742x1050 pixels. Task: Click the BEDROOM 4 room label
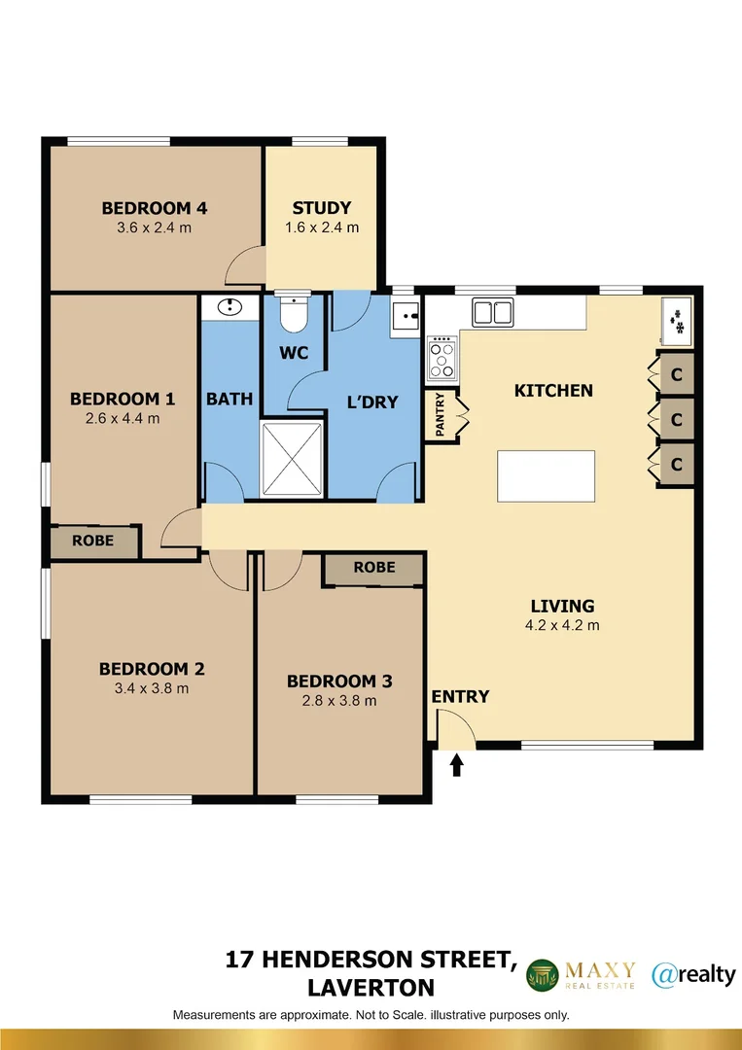click(x=155, y=207)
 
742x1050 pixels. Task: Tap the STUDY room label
click(x=322, y=207)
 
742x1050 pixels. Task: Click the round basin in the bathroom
click(x=230, y=308)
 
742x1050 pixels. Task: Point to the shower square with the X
click(x=293, y=460)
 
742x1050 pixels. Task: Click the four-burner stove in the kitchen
click(x=442, y=357)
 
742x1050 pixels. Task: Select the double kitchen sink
click(x=494, y=313)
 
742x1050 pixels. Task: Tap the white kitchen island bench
click(x=546, y=475)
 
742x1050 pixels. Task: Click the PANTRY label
click(x=441, y=415)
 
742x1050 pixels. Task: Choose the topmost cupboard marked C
click(x=676, y=374)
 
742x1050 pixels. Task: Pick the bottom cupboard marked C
click(x=676, y=465)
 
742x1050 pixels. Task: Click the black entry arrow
click(x=457, y=765)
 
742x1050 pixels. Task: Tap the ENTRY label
click(x=460, y=696)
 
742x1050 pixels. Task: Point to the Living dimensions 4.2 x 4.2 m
click(x=562, y=625)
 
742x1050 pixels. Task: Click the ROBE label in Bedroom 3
click(x=373, y=567)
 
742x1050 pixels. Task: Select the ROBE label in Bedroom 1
click(x=92, y=542)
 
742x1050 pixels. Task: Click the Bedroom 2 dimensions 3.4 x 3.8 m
click(x=151, y=688)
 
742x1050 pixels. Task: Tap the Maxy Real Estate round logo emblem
click(x=544, y=975)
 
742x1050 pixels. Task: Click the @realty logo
click(x=693, y=973)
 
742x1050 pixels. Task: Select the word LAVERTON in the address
click(x=371, y=988)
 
